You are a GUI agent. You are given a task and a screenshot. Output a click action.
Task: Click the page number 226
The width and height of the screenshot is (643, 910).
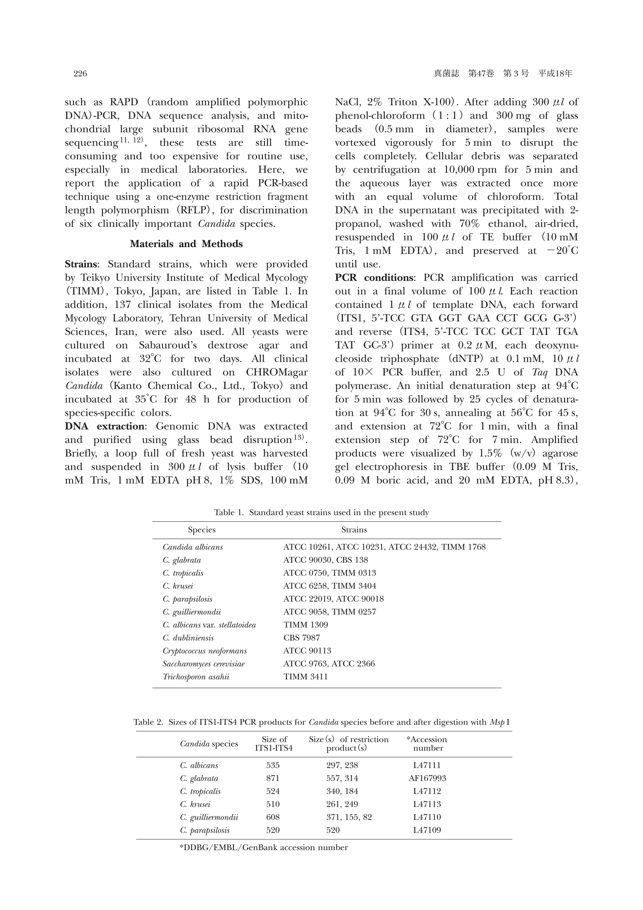coord(80,74)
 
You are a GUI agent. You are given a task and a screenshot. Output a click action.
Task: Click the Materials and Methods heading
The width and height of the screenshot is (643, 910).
coord(186,244)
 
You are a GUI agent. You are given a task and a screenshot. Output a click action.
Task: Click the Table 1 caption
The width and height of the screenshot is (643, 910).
coord(321,512)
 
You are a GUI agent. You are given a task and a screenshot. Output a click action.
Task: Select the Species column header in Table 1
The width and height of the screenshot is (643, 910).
coord(202,530)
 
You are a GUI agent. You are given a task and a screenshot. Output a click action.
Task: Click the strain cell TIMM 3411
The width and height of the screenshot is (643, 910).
coord(305,677)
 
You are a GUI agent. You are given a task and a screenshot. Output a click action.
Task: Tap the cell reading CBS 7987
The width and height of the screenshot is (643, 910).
coord(301,638)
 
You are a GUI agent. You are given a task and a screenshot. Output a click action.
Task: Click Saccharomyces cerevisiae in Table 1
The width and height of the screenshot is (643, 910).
coord(203,664)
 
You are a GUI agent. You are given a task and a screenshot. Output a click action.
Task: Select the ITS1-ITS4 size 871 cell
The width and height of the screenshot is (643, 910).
coord(273,778)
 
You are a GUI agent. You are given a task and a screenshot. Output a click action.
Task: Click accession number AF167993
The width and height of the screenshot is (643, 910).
coord(427,778)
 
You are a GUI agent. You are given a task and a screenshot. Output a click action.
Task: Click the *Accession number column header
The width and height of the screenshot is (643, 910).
coord(427,744)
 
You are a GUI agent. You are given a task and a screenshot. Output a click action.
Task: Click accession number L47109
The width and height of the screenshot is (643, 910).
coord(427,830)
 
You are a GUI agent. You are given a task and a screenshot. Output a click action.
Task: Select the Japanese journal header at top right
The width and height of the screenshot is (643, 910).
coord(503,74)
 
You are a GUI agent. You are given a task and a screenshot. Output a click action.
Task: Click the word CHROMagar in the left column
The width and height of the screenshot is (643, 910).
coord(277,372)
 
